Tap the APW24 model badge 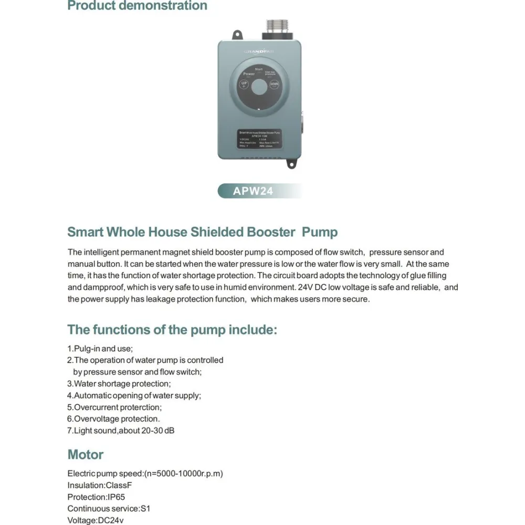point(253,191)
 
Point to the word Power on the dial point(249,74)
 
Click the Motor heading point(86,454)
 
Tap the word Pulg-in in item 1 point(87,349)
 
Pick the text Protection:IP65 point(96,497)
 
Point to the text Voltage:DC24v point(96,520)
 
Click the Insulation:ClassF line point(97,485)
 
